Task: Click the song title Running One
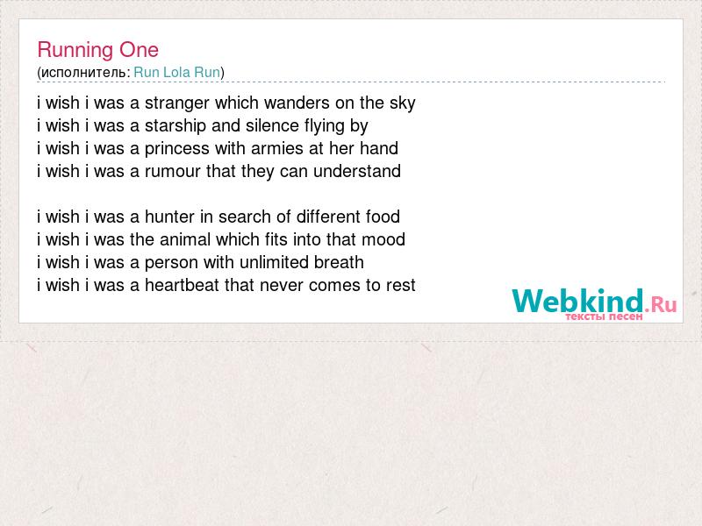point(97,50)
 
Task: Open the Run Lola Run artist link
point(177,72)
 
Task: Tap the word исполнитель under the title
point(85,73)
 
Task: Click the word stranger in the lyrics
point(177,103)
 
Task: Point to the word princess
point(177,149)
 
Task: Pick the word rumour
point(172,171)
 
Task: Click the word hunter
point(169,217)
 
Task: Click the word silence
point(272,125)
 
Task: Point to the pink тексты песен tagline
point(604,316)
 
